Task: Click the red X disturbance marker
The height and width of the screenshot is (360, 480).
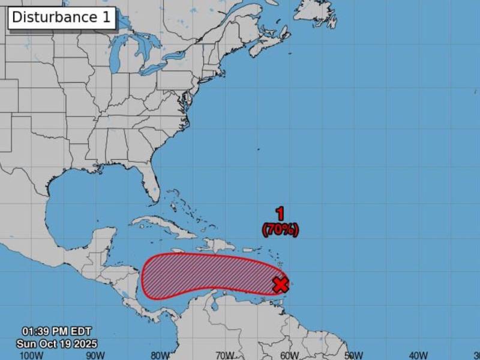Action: click(x=280, y=284)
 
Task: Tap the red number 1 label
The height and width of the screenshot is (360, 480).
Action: click(x=280, y=213)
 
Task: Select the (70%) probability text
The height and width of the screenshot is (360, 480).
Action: click(x=280, y=229)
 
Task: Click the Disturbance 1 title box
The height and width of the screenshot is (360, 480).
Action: click(x=61, y=17)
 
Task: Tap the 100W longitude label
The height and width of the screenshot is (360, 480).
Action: click(x=31, y=355)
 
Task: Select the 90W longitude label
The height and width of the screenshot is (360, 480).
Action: click(x=95, y=355)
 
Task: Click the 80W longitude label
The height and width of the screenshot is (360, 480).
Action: click(x=160, y=355)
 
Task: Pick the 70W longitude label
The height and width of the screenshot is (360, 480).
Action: click(x=224, y=355)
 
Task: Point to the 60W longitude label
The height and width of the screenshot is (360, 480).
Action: click(x=289, y=355)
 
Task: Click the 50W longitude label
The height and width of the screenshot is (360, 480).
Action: click(x=354, y=355)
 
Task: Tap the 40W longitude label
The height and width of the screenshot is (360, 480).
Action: click(x=418, y=355)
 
